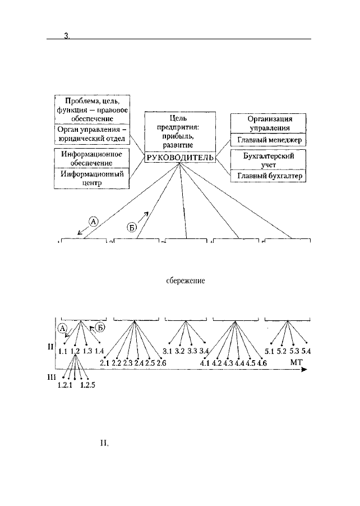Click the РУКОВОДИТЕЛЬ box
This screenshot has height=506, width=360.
coord(180,157)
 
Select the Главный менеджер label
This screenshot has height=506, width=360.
coord(269,140)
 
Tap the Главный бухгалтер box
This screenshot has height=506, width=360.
coord(268,176)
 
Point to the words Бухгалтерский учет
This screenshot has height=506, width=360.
coord(269,160)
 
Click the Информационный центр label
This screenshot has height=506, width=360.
coord(92,178)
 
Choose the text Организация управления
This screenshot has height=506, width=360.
coord(269,123)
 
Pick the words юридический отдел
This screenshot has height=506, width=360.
coord(92,139)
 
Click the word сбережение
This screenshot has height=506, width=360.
coord(186,280)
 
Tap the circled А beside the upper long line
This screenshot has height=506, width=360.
coord(94,222)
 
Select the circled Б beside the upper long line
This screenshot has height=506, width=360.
coord(132,228)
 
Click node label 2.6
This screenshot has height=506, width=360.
coord(161,363)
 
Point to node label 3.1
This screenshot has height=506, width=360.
coord(167,351)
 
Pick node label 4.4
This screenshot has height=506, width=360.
coord(239,363)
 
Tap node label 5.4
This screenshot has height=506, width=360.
coord(306,351)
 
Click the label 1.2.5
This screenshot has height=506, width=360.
coord(87,385)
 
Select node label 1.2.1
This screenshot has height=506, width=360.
coord(65,385)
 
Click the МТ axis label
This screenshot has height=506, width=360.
coord(297,362)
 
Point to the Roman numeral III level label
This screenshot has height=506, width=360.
coord(52,377)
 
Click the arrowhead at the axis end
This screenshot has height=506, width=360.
coord(304,370)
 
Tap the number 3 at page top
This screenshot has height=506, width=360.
coord(67,36)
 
